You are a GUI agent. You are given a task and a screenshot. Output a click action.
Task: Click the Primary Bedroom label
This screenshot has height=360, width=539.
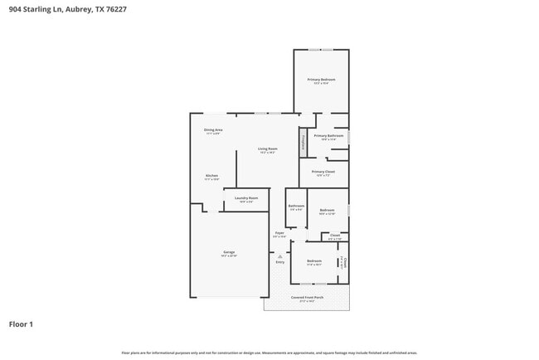tap(322, 80)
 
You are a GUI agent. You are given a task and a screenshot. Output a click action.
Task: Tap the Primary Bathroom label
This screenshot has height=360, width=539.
tap(328, 135)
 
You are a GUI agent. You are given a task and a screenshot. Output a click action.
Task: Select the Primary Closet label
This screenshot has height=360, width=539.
tap(323, 172)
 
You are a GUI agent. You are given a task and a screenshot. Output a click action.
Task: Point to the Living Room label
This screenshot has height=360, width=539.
tap(268, 149)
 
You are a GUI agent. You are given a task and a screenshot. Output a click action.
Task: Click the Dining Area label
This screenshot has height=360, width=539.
tap(212, 130)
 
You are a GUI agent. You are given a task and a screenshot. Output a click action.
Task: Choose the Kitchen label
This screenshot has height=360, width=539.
tap(212, 175)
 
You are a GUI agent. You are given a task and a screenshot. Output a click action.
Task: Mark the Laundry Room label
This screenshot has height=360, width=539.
tap(246, 198)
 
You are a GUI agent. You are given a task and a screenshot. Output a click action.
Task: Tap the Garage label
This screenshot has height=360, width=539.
tap(229, 252)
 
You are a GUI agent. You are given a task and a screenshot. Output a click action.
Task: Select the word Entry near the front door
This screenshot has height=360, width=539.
tap(280, 262)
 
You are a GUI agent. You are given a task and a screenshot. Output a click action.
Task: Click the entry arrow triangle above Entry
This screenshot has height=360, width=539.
tap(280, 256)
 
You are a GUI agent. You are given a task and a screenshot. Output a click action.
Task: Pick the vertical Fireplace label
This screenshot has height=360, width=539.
tap(303, 141)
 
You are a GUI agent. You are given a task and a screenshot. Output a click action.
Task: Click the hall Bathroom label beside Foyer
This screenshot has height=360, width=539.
tap(296, 206)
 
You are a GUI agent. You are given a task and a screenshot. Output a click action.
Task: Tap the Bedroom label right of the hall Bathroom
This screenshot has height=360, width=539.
tap(327, 211)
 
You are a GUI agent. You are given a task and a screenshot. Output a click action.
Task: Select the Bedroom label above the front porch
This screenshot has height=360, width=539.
tap(314, 260)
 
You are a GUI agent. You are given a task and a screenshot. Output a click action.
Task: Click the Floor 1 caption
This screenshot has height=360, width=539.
tap(21, 324)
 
